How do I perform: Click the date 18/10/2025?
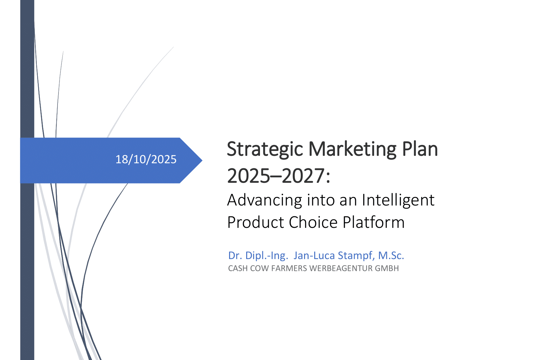coord(146,159)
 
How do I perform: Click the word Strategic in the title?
coord(265,149)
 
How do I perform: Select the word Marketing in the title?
coord(352,149)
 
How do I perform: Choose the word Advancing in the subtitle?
coord(265,200)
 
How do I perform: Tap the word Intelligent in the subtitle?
coord(398,200)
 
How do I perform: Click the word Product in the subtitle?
coord(255,222)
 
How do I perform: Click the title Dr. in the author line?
coord(235,255)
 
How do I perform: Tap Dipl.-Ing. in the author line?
coord(267,255)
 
